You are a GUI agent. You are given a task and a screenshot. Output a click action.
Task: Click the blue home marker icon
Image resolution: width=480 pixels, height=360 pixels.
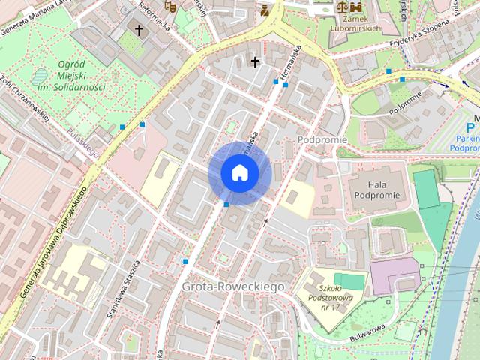click(238, 173)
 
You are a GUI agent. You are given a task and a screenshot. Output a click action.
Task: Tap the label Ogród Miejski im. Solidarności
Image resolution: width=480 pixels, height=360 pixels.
click(70, 76)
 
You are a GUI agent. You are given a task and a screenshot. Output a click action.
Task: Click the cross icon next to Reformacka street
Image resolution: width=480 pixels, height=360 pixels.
click(138, 30)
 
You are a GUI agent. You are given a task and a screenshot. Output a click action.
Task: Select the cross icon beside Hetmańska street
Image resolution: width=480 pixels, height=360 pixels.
click(255, 61)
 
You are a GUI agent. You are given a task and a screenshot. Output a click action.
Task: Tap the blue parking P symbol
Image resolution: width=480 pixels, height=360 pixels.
click(472, 127)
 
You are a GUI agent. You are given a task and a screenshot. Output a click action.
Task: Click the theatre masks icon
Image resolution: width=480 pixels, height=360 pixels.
click(169, 6)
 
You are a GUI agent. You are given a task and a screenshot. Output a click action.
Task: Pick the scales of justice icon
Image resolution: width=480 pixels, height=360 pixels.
click(343, 6)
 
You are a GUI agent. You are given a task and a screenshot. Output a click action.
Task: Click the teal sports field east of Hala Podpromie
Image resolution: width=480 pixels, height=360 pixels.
click(427, 189)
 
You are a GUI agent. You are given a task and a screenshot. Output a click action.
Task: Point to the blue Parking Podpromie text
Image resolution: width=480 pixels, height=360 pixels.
click(466, 144)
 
